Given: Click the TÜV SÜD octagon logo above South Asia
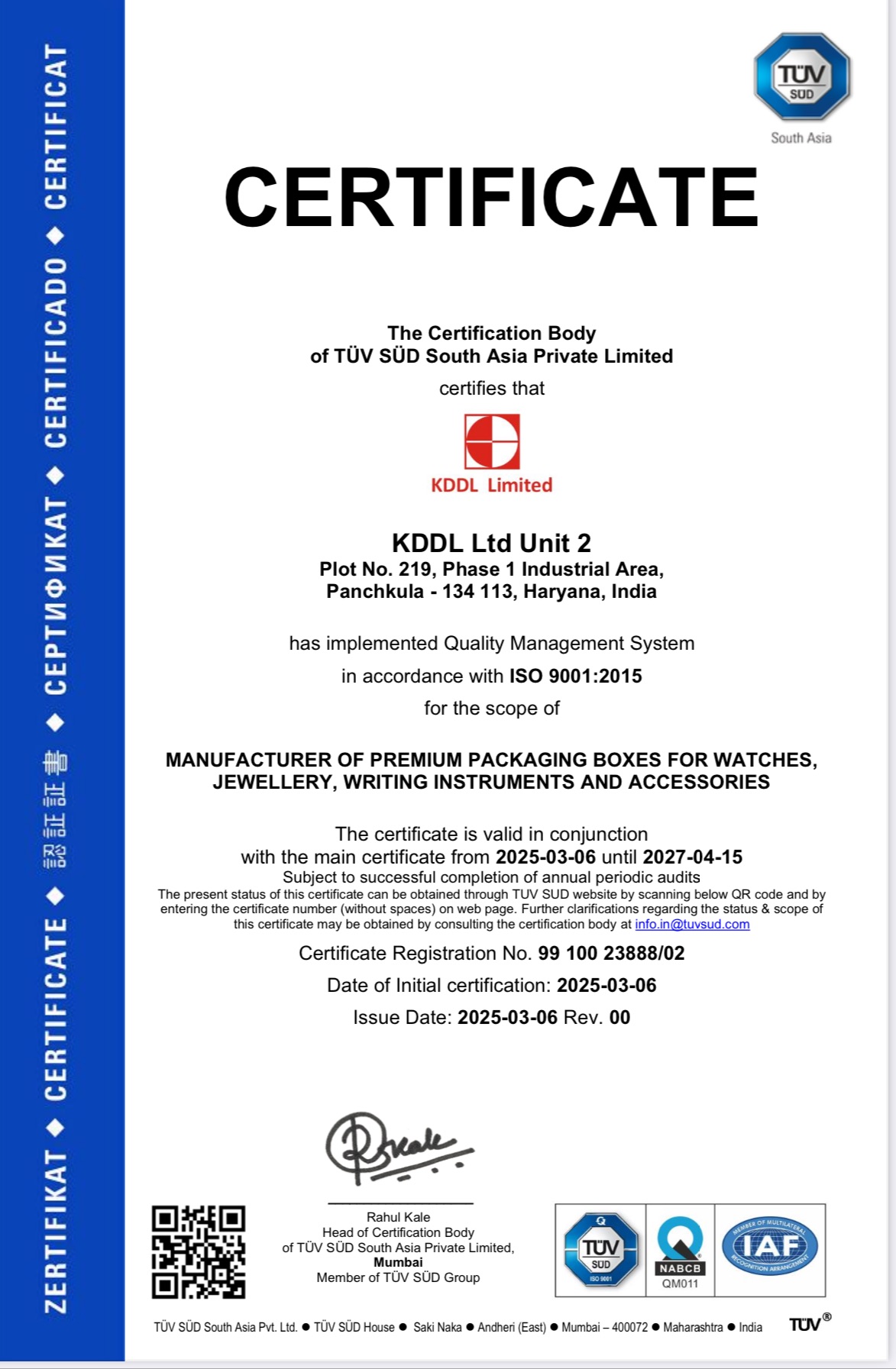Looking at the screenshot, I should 802,77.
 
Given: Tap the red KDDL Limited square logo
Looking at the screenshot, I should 492,441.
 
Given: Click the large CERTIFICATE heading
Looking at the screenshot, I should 491,198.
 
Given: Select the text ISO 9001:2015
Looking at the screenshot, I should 576,676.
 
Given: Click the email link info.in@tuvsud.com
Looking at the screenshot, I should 692,925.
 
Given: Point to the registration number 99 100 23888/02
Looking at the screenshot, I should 611,954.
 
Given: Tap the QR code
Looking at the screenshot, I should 199,1252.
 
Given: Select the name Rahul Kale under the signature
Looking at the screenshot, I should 398,1217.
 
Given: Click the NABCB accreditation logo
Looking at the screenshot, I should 680,1250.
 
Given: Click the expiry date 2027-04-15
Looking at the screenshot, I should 692,857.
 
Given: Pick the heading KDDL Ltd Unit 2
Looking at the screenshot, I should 491,544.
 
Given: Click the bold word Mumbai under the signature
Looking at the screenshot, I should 398,1262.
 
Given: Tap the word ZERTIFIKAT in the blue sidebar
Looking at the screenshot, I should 56,1231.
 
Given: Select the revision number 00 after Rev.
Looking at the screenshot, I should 619,1018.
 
